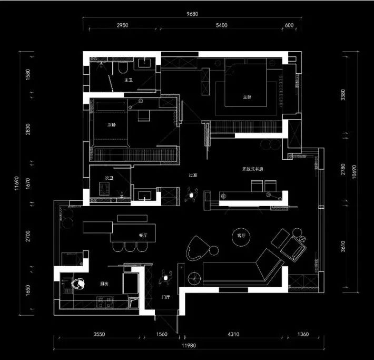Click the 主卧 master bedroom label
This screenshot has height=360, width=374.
point(247,97)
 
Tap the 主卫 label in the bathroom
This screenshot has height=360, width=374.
point(127,80)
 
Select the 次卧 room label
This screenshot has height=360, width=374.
point(112,125)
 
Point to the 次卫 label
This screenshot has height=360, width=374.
point(110,178)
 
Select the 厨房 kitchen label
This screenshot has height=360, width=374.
point(104,284)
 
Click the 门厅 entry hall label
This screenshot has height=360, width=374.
point(165,298)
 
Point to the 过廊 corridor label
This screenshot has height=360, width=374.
point(193,175)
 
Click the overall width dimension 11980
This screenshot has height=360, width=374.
point(190,346)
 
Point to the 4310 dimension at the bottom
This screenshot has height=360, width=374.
point(233,334)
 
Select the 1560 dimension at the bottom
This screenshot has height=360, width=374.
point(162,334)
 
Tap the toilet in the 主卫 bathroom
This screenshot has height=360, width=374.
point(121,68)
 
